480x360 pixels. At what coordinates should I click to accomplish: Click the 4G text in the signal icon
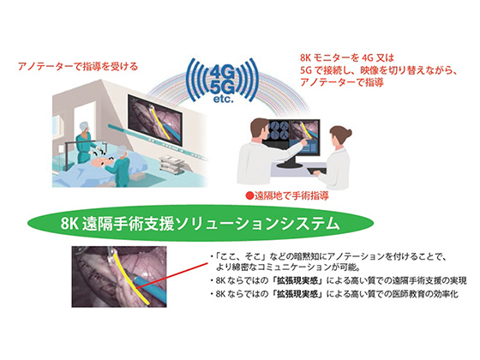point(223,73)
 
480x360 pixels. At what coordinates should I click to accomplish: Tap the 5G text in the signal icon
point(223,87)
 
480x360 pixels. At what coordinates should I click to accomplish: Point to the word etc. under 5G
point(223,99)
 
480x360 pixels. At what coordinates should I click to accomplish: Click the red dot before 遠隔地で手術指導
point(250,195)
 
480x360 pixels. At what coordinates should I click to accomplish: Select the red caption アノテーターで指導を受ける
point(78,67)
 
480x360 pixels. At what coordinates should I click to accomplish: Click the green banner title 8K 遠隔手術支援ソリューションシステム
point(201,224)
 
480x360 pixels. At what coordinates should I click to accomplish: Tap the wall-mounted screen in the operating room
point(155,120)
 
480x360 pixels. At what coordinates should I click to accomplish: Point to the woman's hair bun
point(347,133)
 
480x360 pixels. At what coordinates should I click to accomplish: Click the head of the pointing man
point(260,129)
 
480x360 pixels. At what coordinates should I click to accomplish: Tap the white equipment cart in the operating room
point(171,165)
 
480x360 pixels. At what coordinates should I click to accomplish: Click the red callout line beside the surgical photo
point(171,275)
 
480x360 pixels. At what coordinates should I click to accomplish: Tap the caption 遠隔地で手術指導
point(291,195)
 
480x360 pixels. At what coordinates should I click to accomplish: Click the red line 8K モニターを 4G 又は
point(347,58)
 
